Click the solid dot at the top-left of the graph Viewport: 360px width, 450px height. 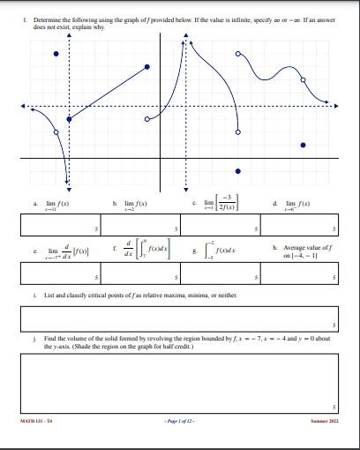tap(57, 54)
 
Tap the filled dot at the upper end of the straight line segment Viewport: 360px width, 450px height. tap(147, 67)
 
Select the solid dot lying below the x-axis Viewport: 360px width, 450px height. tap(236, 171)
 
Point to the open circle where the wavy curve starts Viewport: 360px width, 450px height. tap(237, 54)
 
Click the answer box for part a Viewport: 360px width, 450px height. tap(62, 224)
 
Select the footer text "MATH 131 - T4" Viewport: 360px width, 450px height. tap(35, 423)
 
